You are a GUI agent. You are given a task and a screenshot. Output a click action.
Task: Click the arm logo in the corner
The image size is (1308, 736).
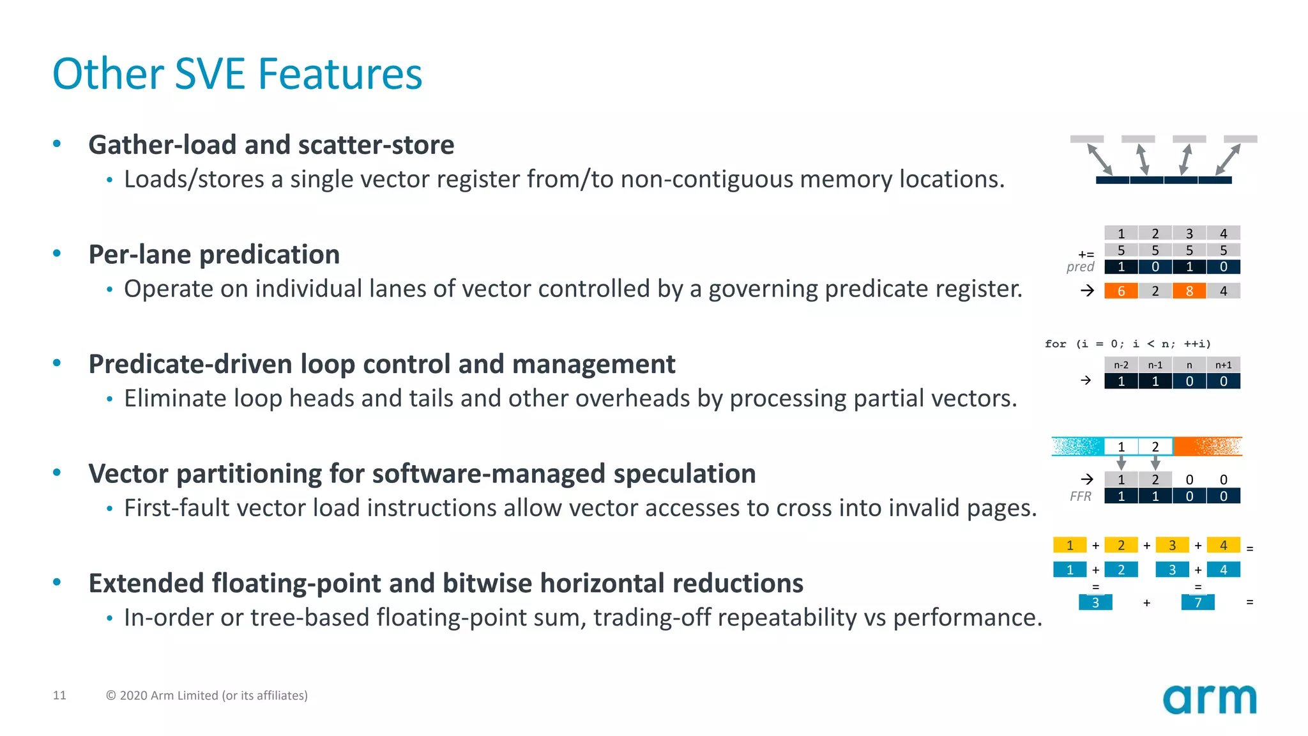[x=1209, y=699]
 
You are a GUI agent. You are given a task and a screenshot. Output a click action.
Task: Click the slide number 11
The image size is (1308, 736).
[x=59, y=695]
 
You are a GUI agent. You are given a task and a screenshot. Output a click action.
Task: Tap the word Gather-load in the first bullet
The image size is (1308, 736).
[x=162, y=145]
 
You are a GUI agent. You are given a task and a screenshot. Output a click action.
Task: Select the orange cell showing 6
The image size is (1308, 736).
[x=1121, y=291]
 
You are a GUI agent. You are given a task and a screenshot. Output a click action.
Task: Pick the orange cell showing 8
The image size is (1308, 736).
[x=1189, y=291]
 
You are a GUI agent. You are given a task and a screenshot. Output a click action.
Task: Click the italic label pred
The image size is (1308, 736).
[x=1080, y=267]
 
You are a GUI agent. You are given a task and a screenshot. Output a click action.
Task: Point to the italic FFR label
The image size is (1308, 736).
[x=1081, y=496]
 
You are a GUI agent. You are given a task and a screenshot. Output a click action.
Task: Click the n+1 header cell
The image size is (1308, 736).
[x=1223, y=365]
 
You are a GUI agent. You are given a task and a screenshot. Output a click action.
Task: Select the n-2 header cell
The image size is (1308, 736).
[x=1121, y=365]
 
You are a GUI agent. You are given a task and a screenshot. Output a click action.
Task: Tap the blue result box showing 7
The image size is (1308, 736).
[x=1198, y=602]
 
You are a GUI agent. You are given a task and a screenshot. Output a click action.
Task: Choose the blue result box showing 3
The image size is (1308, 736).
[x=1095, y=602]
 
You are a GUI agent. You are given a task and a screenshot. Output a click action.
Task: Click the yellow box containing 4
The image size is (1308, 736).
[x=1223, y=546]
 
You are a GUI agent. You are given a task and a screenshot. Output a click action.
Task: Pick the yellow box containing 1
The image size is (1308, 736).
[x=1070, y=546]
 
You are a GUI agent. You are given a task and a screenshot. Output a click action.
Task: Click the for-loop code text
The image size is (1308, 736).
[x=1127, y=344]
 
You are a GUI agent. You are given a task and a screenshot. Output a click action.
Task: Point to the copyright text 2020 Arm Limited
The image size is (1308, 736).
[x=206, y=695]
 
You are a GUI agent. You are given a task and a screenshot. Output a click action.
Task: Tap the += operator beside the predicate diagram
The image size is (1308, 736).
[x=1086, y=254]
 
